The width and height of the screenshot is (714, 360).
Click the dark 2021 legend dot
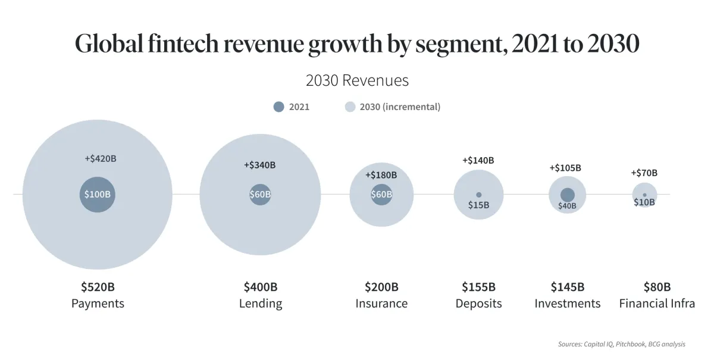[x=279, y=107]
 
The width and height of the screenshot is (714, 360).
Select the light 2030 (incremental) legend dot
[x=350, y=107]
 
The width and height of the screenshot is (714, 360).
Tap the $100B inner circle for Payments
[x=97, y=194]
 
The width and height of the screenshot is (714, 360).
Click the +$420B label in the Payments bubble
[x=101, y=159]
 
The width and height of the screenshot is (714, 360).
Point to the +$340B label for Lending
[x=259, y=165]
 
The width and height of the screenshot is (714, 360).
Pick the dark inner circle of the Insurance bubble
[x=381, y=194]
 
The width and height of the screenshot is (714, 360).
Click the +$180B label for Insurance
[x=381, y=175]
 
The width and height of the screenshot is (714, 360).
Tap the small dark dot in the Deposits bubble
[x=478, y=195]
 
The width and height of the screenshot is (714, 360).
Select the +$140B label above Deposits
[x=478, y=160]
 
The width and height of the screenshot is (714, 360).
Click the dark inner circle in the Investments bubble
[x=568, y=195]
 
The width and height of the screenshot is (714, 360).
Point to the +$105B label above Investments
[x=565, y=168]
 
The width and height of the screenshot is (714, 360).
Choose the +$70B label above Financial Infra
[x=644, y=173]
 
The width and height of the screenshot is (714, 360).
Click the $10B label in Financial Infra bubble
[x=644, y=202]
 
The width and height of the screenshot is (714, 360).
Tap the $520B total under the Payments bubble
[x=98, y=287]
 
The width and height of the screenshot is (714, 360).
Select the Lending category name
[x=261, y=303]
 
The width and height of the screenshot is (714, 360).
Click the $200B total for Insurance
[x=381, y=287]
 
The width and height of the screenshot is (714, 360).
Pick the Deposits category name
[x=478, y=303]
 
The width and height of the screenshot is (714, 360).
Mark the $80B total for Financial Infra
[x=657, y=287]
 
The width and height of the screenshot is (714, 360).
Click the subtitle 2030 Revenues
[x=357, y=80]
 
